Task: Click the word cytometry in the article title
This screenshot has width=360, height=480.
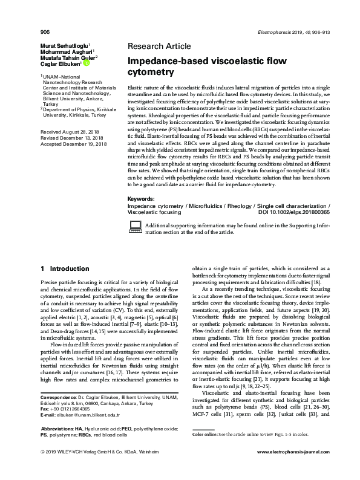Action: click(150, 73)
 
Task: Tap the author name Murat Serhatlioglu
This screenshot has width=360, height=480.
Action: click(64, 45)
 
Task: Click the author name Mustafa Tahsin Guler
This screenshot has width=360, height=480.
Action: click(68, 57)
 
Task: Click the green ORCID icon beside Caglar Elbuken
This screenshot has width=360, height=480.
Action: click(87, 63)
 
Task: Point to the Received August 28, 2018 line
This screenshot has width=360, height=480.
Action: click(68, 131)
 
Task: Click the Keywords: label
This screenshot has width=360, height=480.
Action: click(142, 199)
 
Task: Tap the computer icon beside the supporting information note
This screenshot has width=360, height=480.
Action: click(135, 226)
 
